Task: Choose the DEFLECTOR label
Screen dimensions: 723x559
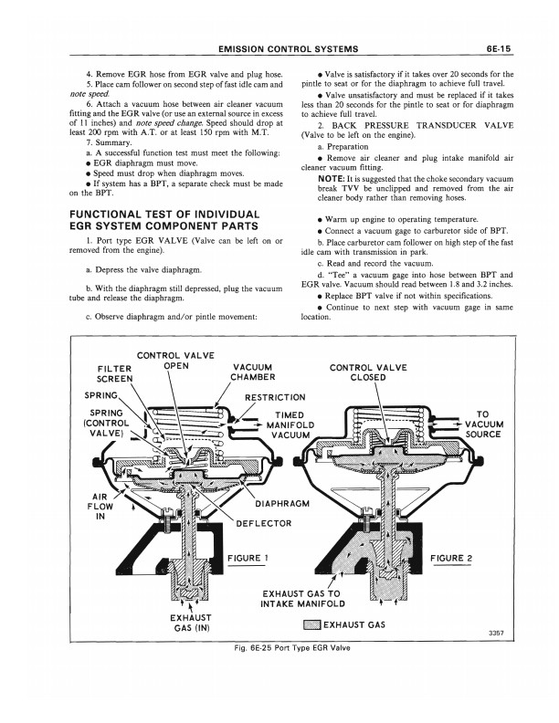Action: pyautogui.click(x=264, y=523)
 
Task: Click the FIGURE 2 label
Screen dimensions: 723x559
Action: pyautogui.click(x=457, y=558)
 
